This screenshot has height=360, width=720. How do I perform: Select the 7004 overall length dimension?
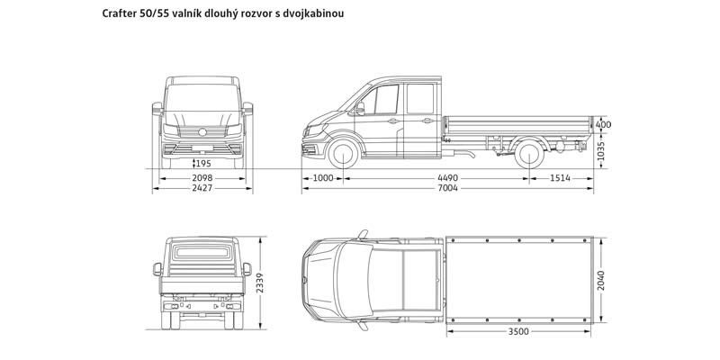pos(447,189)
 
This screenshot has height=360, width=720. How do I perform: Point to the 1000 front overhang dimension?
pos(322,177)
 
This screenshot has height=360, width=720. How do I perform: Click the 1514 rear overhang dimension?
pos(562,177)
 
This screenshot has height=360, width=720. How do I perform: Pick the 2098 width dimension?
pos(203,177)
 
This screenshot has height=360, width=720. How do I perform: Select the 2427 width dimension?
pos(203,189)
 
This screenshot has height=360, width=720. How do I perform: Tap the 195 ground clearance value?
pos(202,163)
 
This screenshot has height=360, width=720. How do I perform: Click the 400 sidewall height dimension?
pos(604,124)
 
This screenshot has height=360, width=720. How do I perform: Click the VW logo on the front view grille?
pos(203,133)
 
